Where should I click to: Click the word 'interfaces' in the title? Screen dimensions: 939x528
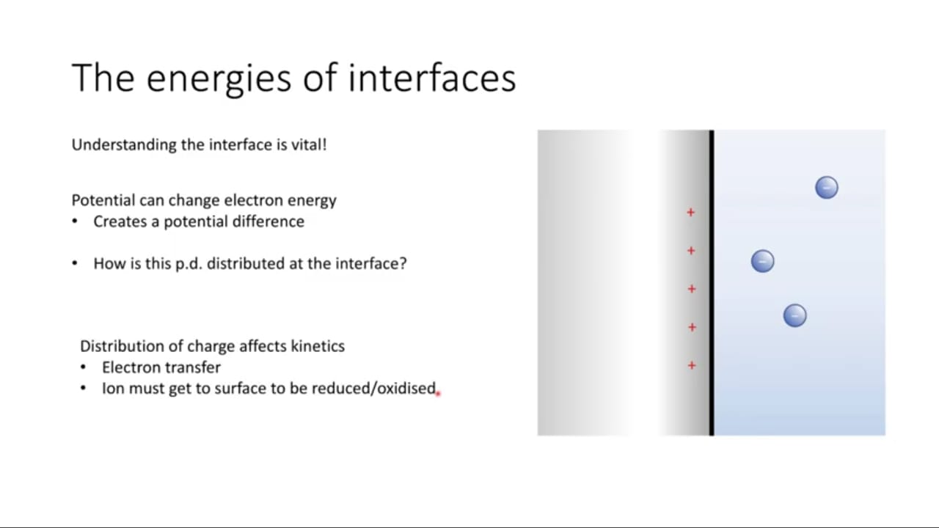point(432,78)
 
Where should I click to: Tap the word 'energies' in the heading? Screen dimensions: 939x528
point(219,81)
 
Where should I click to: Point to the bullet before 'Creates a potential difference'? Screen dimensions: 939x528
point(75,221)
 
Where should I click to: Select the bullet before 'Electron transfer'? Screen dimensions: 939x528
point(83,367)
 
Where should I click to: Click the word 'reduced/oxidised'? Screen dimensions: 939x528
point(373,389)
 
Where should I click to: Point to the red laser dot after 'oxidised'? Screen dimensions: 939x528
point(439,394)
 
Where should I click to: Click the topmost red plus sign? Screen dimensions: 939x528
point(691,213)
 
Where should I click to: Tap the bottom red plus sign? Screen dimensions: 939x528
point(692,365)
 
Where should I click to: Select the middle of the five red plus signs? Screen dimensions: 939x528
point(692,289)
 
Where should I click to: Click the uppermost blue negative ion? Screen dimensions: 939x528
point(827,188)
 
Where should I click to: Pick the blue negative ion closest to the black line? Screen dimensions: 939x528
point(762,261)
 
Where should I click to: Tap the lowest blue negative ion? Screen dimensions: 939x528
point(794,315)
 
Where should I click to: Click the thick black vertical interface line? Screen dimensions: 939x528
point(712,283)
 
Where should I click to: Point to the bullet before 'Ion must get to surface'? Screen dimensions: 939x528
point(83,389)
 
